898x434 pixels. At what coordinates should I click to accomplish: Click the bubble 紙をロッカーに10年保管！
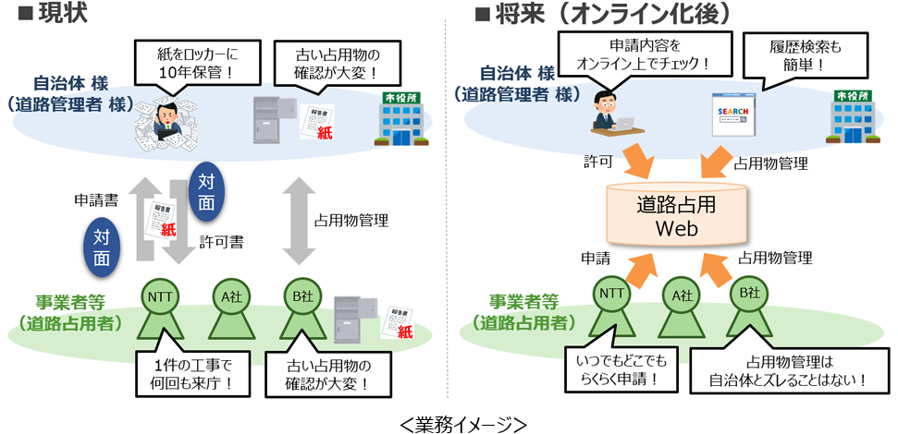[x=186, y=64]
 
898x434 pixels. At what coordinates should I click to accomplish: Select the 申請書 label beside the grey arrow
[x=94, y=199]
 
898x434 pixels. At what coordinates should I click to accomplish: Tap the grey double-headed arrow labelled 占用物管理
[x=299, y=221]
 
